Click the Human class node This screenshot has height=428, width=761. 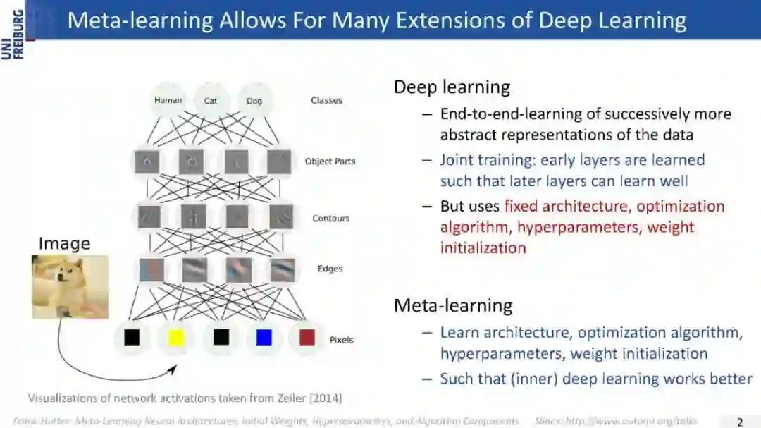tap(168, 100)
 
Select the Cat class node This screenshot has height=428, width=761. tap(211, 101)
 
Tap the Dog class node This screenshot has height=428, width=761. tap(254, 101)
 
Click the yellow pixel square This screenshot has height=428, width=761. tap(175, 338)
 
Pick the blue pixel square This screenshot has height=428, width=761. tap(264, 338)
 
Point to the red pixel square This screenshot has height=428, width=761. tap(307, 338)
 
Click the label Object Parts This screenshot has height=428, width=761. tap(330, 161)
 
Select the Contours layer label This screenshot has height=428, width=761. tap(330, 219)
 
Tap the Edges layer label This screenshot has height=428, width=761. tap(330, 269)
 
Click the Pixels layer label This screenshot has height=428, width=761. tap(341, 340)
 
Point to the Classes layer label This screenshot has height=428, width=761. tap(326, 100)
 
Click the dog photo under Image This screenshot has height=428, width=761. tap(70, 286)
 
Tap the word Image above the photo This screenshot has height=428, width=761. tap(64, 244)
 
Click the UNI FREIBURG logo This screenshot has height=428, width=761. tap(13, 32)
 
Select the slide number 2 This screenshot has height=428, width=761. tap(740, 422)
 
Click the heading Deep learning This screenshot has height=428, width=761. tap(452, 87)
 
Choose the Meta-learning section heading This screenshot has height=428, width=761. tap(453, 305)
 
